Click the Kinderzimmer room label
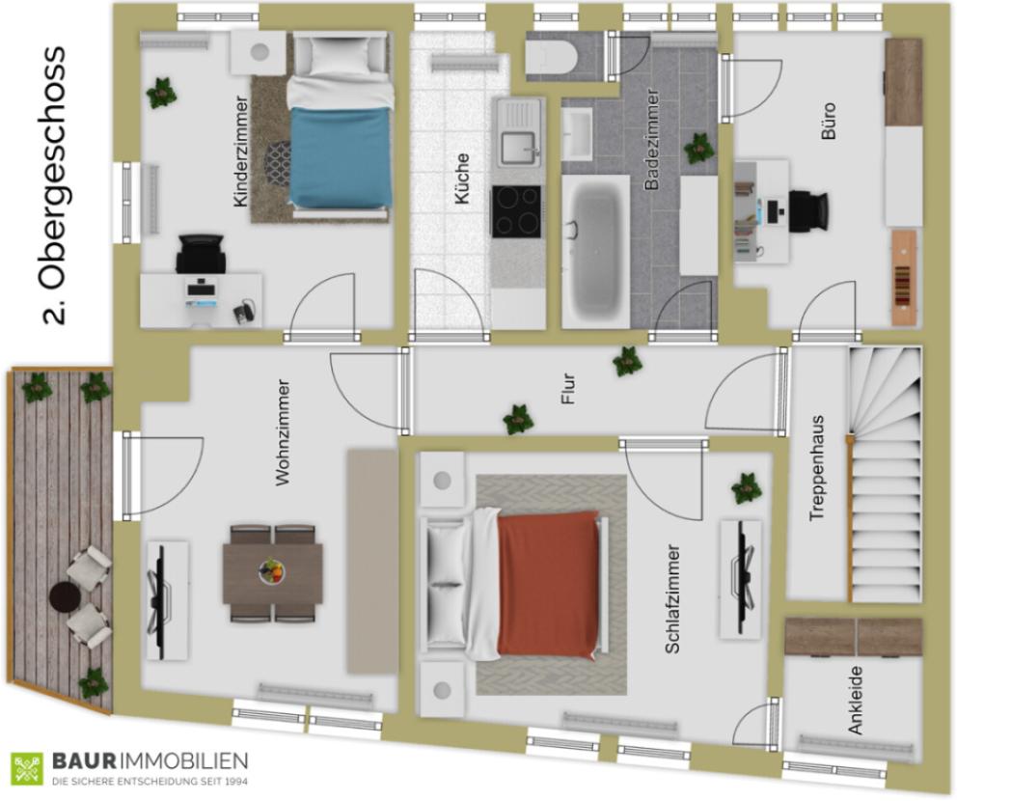coord(240,152)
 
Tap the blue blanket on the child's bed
coord(341,156)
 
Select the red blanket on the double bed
coord(549,584)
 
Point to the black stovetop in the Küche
coord(516,211)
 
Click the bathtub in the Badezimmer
coord(596,252)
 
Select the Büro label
coord(829,120)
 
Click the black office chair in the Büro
coord(809,209)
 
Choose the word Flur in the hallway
coord(567,389)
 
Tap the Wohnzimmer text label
coord(283,432)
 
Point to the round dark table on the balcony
coord(64,596)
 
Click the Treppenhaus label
coord(817,468)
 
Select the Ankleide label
coord(856,701)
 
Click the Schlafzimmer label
coord(672,599)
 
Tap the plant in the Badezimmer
coord(699,149)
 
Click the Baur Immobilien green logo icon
coord(26,769)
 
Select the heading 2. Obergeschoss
coord(53,185)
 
